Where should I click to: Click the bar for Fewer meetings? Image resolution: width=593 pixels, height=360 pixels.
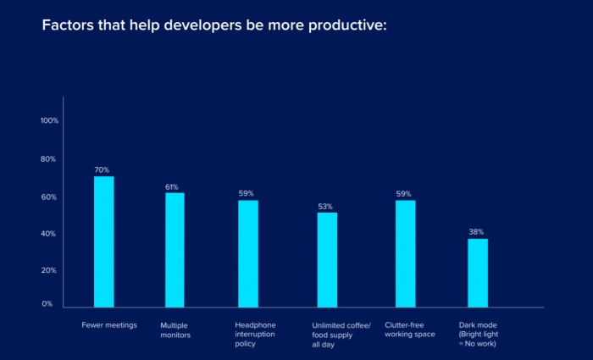click(103, 241)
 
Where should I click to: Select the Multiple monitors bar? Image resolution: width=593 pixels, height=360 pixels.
click(175, 250)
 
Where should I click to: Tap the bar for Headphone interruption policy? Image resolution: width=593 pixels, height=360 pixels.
click(247, 253)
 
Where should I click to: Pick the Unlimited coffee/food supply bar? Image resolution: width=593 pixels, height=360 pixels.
click(327, 259)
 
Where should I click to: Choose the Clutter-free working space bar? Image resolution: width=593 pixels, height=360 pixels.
click(405, 253)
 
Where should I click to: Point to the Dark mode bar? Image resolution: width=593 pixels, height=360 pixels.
click(477, 273)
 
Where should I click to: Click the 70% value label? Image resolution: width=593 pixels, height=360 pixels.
click(103, 169)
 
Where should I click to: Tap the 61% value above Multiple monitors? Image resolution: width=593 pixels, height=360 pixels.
click(172, 186)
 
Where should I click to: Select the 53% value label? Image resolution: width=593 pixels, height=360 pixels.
click(325, 206)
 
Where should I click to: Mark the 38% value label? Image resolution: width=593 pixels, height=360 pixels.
click(477, 231)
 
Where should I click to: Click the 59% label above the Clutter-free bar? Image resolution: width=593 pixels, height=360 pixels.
click(403, 193)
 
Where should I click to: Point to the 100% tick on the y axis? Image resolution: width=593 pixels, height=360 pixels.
click(49, 120)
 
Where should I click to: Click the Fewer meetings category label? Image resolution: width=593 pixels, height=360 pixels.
click(108, 324)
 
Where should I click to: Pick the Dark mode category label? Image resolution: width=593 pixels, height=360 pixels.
click(479, 334)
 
